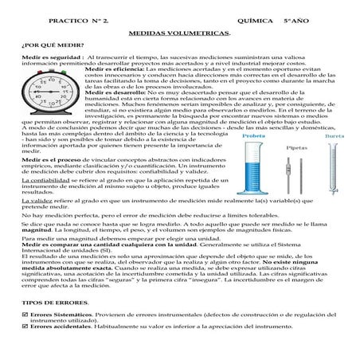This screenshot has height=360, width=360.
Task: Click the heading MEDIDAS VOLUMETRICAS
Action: pos(180,34)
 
